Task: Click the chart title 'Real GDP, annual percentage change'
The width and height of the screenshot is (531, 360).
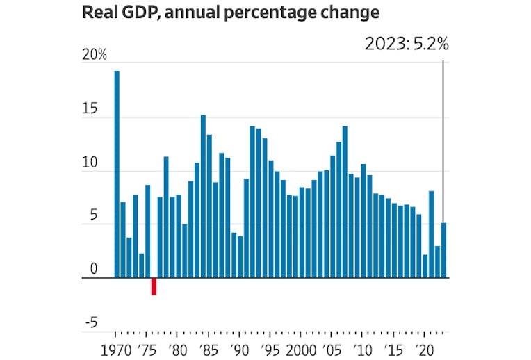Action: (231, 13)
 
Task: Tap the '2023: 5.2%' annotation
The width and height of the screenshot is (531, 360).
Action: (407, 44)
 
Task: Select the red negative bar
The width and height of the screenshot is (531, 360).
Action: (154, 286)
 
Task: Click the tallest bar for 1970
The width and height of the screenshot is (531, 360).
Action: (117, 174)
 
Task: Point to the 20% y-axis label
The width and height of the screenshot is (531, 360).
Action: (95, 56)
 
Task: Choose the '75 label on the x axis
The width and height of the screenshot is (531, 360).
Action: (147, 349)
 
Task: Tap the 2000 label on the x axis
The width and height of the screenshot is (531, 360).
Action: (301, 349)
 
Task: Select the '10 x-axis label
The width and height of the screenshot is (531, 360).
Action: (362, 349)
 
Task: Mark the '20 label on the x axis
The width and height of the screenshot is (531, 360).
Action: (424, 349)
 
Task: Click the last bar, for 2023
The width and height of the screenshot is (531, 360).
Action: (443, 250)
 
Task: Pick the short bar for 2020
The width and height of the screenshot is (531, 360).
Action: (425, 266)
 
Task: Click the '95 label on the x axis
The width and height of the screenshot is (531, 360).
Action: (270, 349)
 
